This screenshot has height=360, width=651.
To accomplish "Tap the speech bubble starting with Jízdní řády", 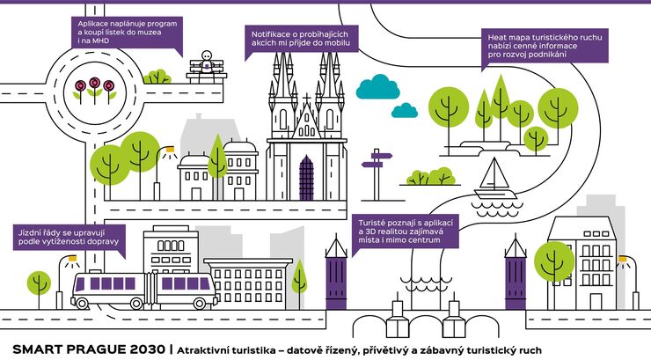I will tap(69, 239).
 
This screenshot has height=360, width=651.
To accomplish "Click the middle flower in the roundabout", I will tap(92, 85).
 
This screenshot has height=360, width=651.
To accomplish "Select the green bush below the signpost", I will tap(429, 177).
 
